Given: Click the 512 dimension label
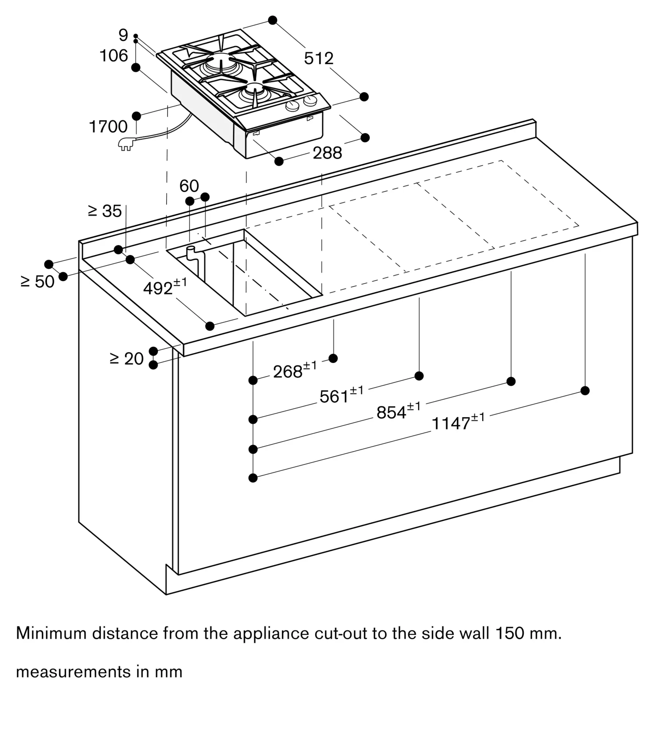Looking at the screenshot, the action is pos(319,59).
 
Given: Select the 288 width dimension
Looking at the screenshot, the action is pos(327,153).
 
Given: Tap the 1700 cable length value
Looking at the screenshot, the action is pos(108,127).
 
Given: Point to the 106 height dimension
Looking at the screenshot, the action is pos(114,56).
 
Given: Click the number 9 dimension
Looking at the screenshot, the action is pos(123,35).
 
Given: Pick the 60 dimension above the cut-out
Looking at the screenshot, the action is pos(189,186).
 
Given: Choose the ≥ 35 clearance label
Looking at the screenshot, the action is pos(105,211).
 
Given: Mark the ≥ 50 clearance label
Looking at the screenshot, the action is pos(38,281).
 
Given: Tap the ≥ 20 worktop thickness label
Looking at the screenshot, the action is pos(126,359).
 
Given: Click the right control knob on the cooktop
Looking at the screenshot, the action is pos(311,101).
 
